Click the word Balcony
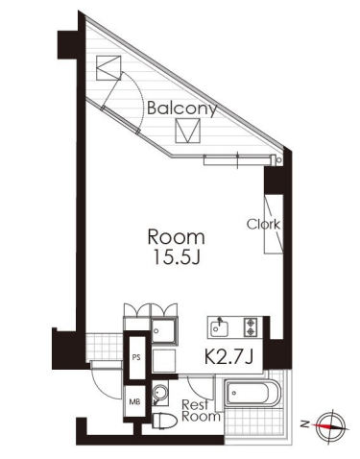[x=181, y=109]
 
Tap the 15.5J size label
[x=177, y=256]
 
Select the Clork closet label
[x=263, y=225]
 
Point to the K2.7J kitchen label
[x=228, y=357]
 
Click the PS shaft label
[x=136, y=357]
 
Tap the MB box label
[x=134, y=401]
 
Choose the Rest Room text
[x=201, y=411]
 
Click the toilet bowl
[x=165, y=420]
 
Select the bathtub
[x=252, y=393]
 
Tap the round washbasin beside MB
[x=159, y=392]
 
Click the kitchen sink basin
[x=219, y=328]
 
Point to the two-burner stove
[x=251, y=326]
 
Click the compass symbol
[x=330, y=426]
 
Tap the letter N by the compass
[x=305, y=424]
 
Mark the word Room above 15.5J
[x=176, y=237]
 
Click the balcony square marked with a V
[x=187, y=131]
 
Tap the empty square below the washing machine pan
[x=164, y=361]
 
